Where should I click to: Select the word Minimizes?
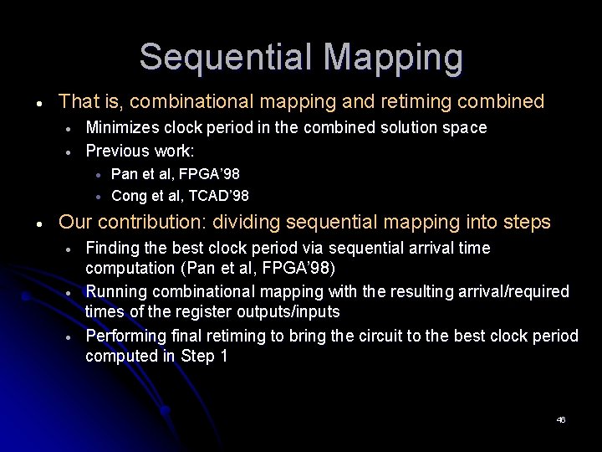pyautogui.click(x=122, y=127)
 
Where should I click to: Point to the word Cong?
pyautogui.click(x=128, y=196)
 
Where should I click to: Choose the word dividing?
pyautogui.click(x=247, y=223)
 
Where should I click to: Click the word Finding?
pyautogui.click(x=114, y=249)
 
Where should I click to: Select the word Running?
pyautogui.click(x=117, y=292)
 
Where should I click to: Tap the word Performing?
pyautogui.click(x=125, y=336)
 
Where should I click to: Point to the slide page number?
pyautogui.click(x=561, y=419)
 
